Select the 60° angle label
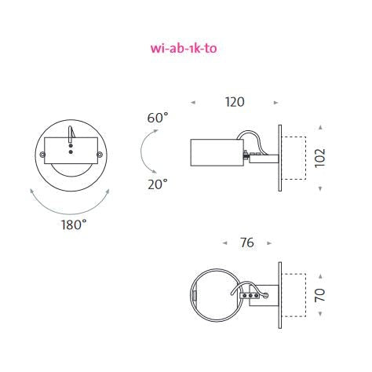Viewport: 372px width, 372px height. [x=157, y=118]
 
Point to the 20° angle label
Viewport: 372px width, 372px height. [x=157, y=184]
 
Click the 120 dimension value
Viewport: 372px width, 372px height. [x=234, y=102]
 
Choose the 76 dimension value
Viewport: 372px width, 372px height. [x=247, y=243]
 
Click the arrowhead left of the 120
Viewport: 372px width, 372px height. [x=192, y=102]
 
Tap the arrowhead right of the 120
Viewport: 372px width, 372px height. [x=275, y=102]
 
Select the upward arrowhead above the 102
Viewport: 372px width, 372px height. [x=320, y=126]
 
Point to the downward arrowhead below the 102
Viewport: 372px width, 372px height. [x=320, y=189]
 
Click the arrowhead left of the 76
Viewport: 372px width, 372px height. [x=225, y=243]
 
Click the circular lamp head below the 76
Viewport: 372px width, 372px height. [x=215, y=294]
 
